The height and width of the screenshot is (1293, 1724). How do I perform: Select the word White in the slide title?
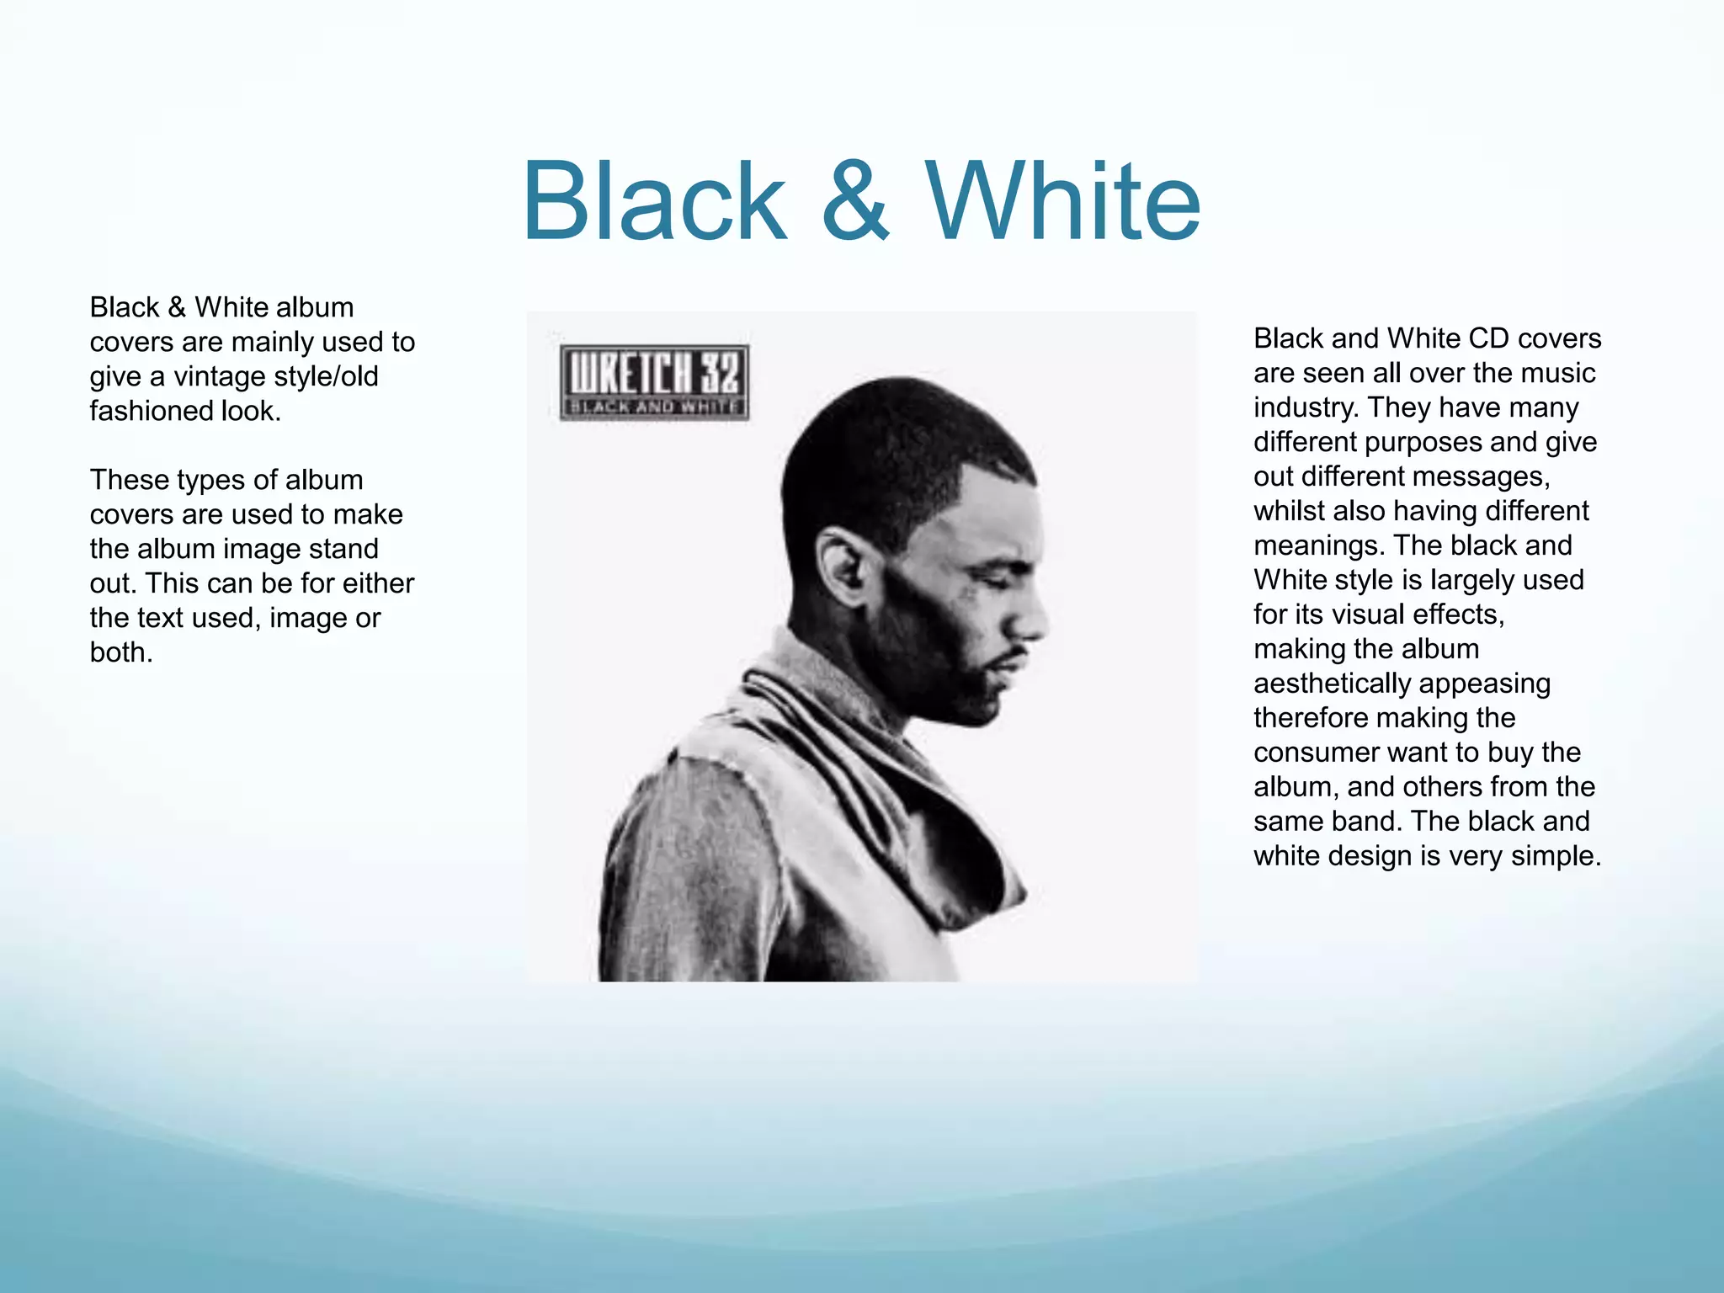pyautogui.click(x=1062, y=202)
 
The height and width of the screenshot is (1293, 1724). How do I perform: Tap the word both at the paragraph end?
pyautogui.click(x=120, y=652)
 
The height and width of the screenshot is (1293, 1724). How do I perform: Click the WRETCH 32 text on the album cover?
pyautogui.click(x=654, y=372)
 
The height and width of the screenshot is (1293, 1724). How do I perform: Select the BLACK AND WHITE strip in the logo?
pyautogui.click(x=654, y=407)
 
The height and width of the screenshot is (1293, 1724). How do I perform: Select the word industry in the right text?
pyautogui.click(x=1305, y=407)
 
